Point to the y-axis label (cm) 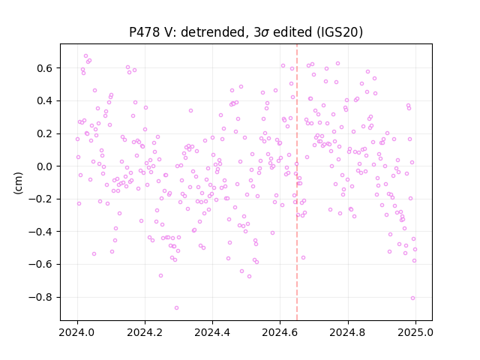(18, 182)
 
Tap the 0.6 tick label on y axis (45, 68)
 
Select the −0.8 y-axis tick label (40, 297)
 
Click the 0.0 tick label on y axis (45, 166)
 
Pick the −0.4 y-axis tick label (40, 232)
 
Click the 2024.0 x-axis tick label (77, 332)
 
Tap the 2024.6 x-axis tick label (280, 332)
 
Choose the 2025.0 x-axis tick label (415, 332)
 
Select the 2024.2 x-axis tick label (145, 332)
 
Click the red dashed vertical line (297, 182)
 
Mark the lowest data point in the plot (176, 307)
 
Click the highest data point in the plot (85, 56)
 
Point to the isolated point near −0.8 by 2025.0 (412, 298)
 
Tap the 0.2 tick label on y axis (45, 133)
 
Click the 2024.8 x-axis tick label (348, 332)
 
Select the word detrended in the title (214, 32)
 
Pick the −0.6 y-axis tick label (40, 264)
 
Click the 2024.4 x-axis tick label (212, 332)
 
